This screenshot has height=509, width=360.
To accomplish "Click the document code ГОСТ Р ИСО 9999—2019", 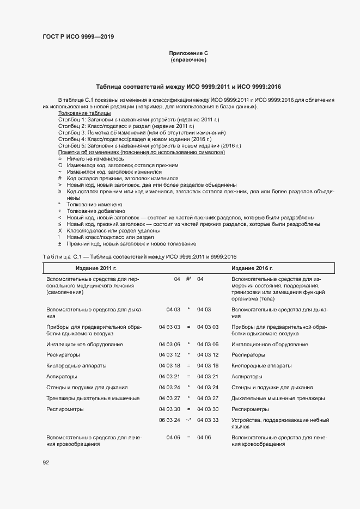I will point(78,37).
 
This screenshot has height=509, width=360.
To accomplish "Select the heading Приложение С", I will point(188,53).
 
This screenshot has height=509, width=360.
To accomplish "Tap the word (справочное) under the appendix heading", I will point(188,59).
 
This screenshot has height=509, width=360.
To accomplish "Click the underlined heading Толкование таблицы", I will point(84,113).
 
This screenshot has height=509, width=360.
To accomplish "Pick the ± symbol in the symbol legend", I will point(60,244).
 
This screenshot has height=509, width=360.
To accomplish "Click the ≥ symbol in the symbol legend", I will point(60,191).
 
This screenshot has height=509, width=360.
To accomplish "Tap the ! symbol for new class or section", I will point(60,237).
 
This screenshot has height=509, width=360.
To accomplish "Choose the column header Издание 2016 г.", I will point(252,268).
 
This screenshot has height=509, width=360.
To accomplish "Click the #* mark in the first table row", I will point(188,279).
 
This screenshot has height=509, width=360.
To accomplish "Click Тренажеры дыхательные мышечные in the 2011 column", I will point(86,398).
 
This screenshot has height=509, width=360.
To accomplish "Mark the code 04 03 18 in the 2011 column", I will point(169,365).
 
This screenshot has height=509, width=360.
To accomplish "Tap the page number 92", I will point(46,463).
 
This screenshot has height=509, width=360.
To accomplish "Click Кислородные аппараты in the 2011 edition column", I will point(77,365).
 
